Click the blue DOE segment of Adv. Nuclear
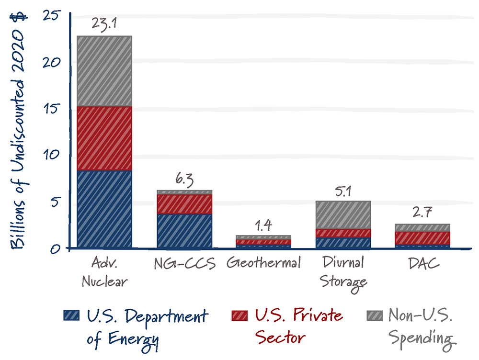[x=104, y=209]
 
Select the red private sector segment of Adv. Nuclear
[x=104, y=138]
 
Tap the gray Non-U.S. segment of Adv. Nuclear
[x=104, y=71]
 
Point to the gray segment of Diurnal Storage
[x=343, y=215]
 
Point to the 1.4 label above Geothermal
[x=263, y=225]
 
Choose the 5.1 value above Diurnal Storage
[x=343, y=191]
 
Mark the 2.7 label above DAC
[x=422, y=214]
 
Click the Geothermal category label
[x=263, y=263]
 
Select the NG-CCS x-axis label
[x=184, y=263]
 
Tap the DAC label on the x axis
[x=422, y=263]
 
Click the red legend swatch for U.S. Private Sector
[x=239, y=315]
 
